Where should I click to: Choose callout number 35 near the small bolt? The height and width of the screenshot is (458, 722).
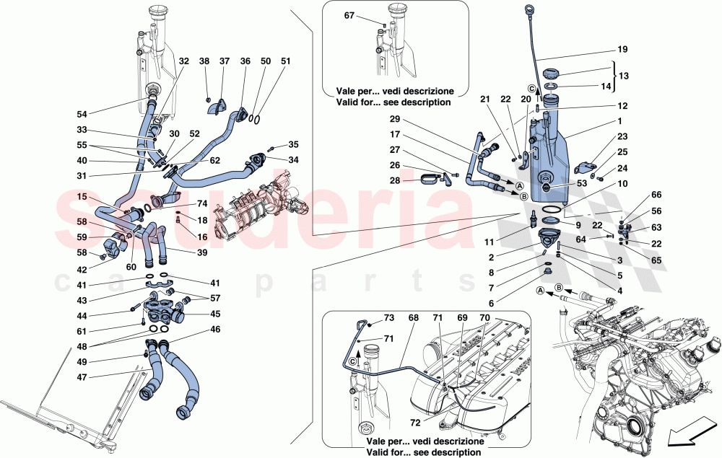tap(292, 145)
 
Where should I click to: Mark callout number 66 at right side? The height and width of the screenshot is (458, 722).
tap(656, 194)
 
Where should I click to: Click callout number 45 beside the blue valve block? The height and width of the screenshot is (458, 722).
tap(215, 313)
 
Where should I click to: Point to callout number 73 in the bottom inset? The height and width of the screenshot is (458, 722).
tap(388, 318)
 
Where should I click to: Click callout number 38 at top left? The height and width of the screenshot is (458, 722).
tap(204, 62)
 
